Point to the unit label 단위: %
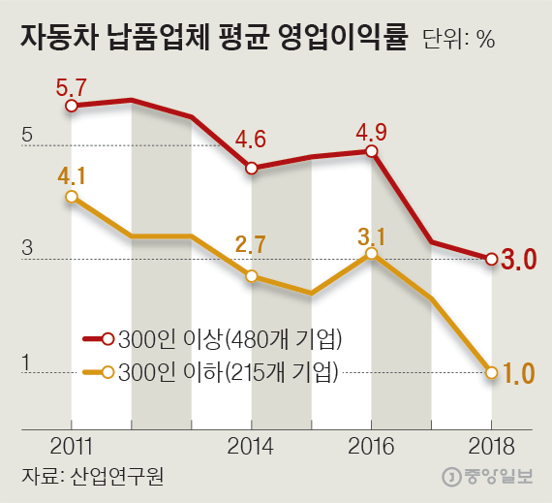click(460, 41)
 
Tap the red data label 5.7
click(72, 85)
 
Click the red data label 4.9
click(372, 131)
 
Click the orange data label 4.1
click(72, 176)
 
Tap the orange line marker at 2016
click(372, 254)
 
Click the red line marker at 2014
click(252, 168)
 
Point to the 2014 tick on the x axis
click(252, 446)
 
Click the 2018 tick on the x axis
click(492, 446)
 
